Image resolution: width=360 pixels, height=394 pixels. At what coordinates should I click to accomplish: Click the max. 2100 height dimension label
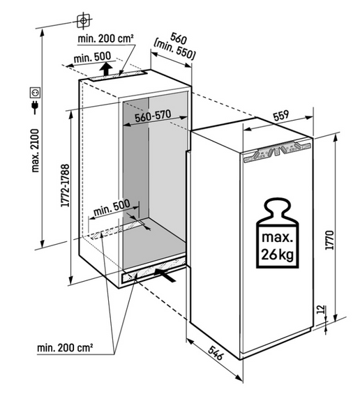36,151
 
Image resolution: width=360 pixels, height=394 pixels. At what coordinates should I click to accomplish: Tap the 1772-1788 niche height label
65,185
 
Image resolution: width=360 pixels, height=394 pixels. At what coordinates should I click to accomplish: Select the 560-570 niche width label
153,116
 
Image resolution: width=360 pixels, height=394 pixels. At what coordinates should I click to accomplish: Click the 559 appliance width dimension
281,116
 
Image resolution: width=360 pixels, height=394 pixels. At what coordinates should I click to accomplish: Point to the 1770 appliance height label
329,240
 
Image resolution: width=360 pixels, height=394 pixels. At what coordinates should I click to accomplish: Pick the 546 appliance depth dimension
216,353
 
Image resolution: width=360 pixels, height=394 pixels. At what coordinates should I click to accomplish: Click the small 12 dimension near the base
320,310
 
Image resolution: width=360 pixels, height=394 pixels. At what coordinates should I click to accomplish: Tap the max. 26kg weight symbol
277,233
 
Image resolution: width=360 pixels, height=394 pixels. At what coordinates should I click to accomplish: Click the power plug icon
35,107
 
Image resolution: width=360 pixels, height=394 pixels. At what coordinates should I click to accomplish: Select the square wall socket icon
35,93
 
